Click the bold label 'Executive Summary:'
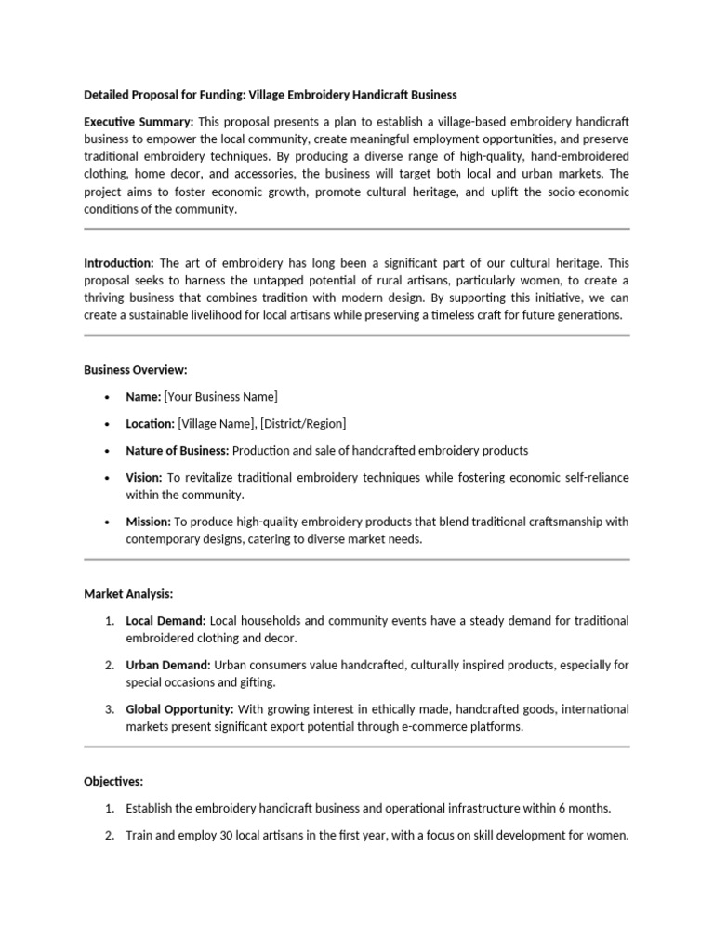[139, 122]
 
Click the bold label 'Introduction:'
[118, 263]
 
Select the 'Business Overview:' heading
[136, 369]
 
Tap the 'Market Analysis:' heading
[128, 592]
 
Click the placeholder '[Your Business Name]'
[220, 397]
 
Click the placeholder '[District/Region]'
[303, 424]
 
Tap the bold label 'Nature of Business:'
[178, 450]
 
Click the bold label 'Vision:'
[144, 477]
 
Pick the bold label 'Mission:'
[148, 522]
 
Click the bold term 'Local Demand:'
[166, 620]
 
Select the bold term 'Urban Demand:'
[169, 665]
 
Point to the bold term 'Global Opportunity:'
[179, 709]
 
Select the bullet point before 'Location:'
[108, 424]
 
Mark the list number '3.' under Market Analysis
[109, 709]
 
